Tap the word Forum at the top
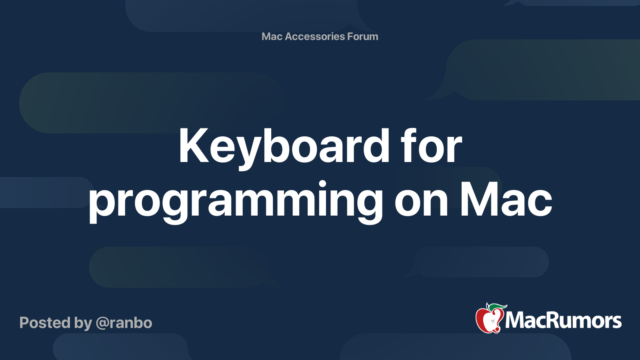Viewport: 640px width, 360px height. (362, 36)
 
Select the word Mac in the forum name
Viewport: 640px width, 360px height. (272, 36)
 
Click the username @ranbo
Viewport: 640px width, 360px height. (124, 323)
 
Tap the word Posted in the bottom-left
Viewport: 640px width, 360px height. (45, 323)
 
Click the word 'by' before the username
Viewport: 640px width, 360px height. (83, 324)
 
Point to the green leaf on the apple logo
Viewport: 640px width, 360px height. (497, 308)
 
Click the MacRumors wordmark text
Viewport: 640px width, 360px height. (563, 321)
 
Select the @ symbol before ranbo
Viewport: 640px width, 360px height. (102, 324)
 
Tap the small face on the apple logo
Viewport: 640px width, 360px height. (492, 322)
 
